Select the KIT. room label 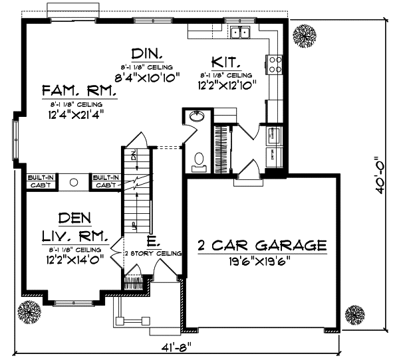click(226, 62)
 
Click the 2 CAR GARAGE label click(262, 246)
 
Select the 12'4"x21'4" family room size click(78, 114)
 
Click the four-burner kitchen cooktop click(275, 64)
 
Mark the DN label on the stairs click(133, 157)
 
